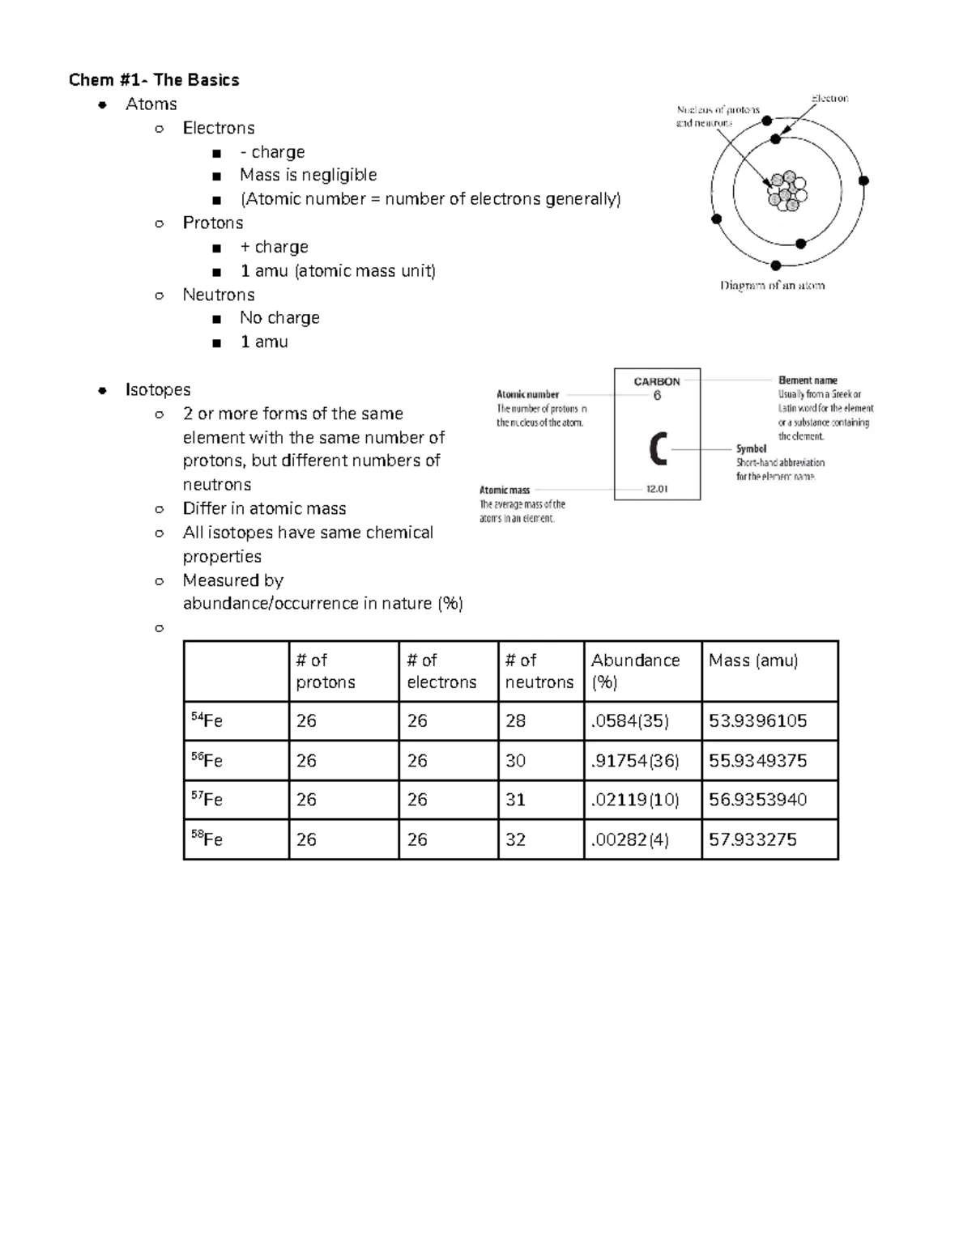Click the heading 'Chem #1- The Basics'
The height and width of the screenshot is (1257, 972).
[x=154, y=79]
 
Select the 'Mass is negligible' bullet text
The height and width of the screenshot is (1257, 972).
[x=308, y=175]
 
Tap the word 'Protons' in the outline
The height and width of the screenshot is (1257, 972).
[x=212, y=223]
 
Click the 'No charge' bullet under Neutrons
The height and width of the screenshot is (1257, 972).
[x=279, y=317]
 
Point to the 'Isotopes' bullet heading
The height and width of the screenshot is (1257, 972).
[x=158, y=389]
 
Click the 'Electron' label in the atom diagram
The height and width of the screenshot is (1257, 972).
[x=829, y=99]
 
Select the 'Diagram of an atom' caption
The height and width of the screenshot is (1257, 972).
[x=772, y=285]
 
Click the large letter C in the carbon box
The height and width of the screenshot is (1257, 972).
[x=658, y=449]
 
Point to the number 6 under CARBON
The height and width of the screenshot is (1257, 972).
[x=657, y=396]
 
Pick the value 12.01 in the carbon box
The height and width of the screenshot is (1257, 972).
[x=657, y=489]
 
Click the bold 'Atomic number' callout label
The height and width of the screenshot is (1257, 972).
[x=527, y=394]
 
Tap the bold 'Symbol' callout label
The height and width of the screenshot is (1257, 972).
[x=751, y=448]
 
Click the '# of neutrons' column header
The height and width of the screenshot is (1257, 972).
[x=539, y=671]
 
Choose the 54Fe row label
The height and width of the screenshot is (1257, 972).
[x=207, y=720]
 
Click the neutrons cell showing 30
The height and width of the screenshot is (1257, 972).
[x=515, y=761]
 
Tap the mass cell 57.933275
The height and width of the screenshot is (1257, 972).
[x=752, y=839]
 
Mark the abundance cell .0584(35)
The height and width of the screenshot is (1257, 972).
[x=630, y=720]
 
